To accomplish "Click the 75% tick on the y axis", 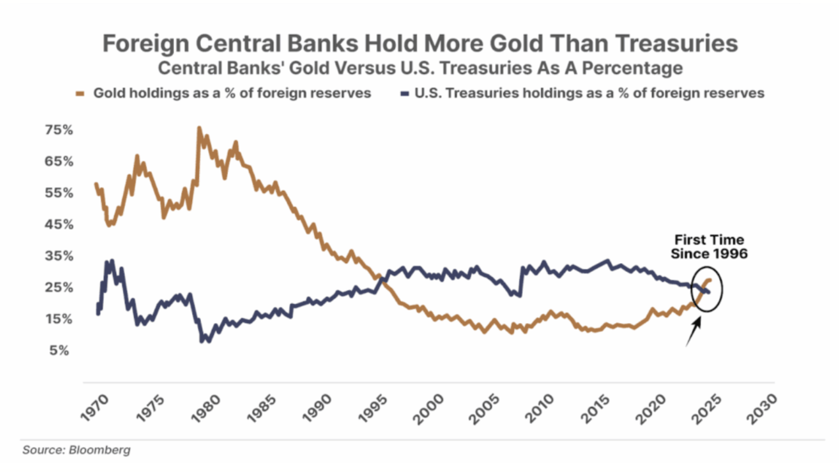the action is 59,130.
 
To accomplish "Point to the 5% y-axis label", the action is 59,350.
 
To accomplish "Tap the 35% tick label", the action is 59,256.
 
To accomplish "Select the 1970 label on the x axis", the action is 95,408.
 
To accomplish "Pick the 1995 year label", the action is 373,408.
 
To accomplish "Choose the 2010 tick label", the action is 540,408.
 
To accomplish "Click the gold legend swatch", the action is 80,94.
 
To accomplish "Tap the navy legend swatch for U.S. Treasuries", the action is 405,94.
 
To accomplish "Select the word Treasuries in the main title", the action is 677,43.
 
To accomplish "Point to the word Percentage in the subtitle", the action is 632,69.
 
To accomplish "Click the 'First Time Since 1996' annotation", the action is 709,246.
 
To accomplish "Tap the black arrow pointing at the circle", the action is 693,331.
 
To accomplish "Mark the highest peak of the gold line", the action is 199,128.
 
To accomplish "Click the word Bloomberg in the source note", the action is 100,450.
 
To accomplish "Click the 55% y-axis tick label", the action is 59,193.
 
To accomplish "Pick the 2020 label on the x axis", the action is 651,408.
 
